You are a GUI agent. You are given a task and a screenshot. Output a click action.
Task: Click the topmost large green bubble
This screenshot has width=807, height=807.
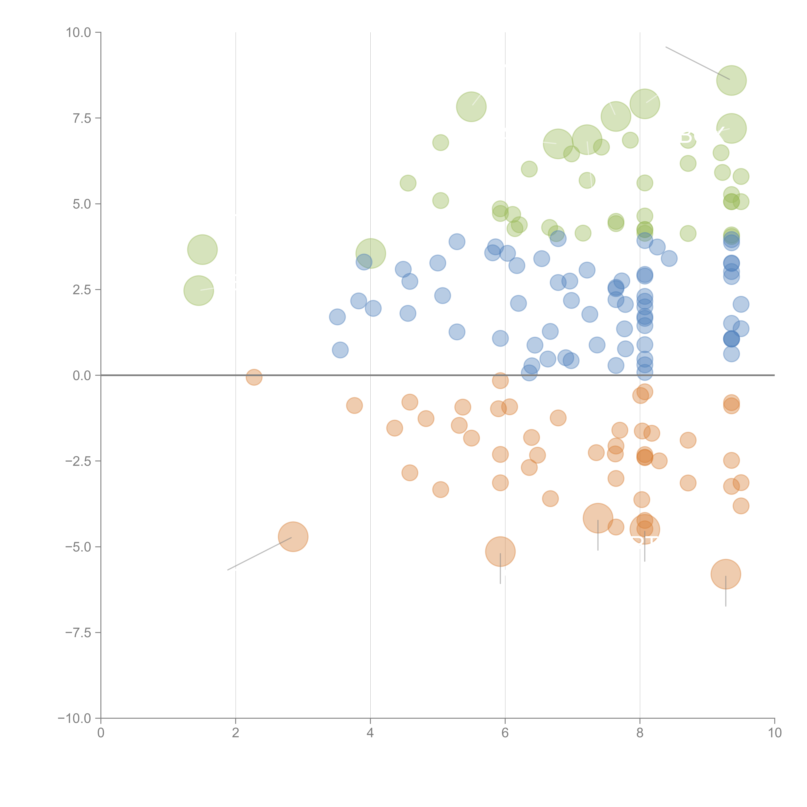(731, 80)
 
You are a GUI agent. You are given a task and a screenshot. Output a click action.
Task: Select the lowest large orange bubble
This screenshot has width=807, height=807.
(725, 574)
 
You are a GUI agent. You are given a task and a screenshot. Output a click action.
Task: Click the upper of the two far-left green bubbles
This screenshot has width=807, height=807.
(202, 249)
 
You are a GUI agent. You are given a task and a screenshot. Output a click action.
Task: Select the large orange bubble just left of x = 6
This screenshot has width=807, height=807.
(500, 551)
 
